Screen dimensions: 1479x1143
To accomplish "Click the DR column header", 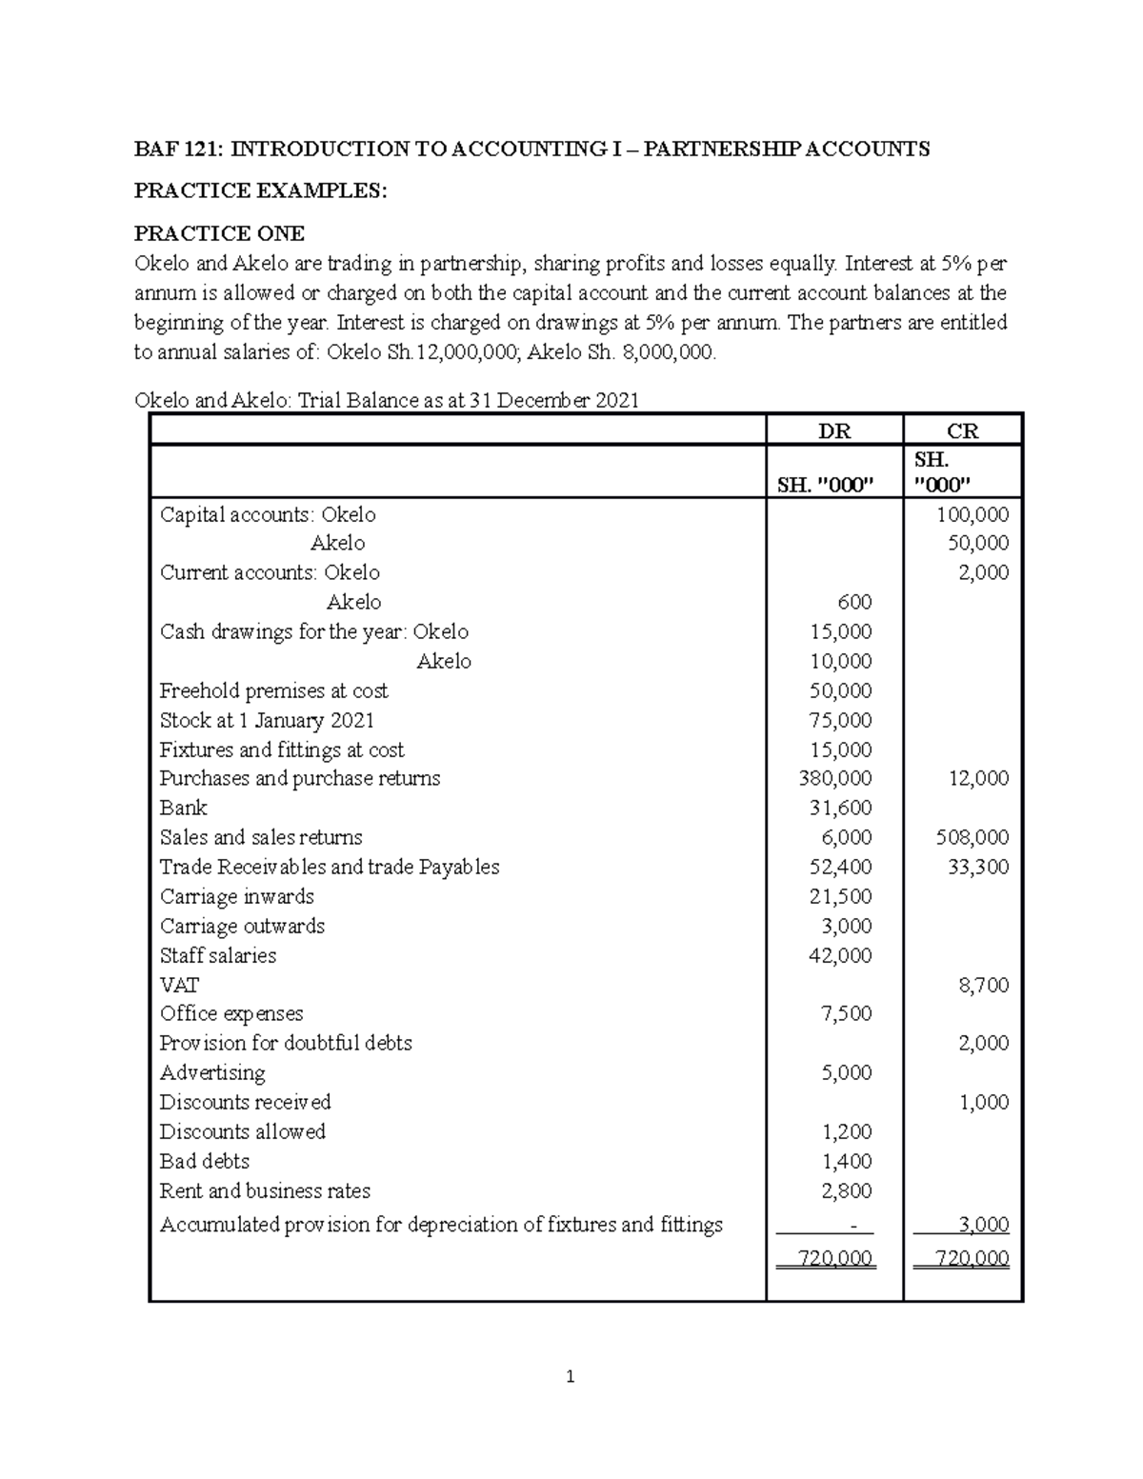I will pyautogui.click(x=834, y=430).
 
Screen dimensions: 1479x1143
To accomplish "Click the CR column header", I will pyautogui.click(x=962, y=430).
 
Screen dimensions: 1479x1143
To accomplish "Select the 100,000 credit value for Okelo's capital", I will pyautogui.click(x=973, y=515).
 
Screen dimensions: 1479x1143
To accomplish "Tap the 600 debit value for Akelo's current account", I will pyautogui.click(x=853, y=602).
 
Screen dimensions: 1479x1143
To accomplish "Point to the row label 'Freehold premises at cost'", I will pyautogui.click(x=273, y=690).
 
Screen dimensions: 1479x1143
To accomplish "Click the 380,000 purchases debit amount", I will pyautogui.click(x=835, y=778).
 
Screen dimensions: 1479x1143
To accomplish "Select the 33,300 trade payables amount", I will pyautogui.click(x=978, y=867).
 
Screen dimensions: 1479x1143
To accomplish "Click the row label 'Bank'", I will pyautogui.click(x=183, y=808).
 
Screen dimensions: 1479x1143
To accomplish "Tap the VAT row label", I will pyautogui.click(x=179, y=985).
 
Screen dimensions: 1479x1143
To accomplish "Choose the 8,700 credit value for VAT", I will pyautogui.click(x=983, y=985).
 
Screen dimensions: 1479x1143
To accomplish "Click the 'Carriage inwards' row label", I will pyautogui.click(x=236, y=896).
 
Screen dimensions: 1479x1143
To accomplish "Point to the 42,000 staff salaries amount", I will pyautogui.click(x=840, y=955).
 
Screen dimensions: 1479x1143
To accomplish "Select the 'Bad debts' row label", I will pyautogui.click(x=204, y=1161).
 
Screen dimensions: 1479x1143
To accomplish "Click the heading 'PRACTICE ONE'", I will pyautogui.click(x=219, y=233).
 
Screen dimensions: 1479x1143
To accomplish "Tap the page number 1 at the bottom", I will pyautogui.click(x=571, y=1376).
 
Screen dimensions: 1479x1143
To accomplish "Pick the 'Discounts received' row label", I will pyautogui.click(x=245, y=1102).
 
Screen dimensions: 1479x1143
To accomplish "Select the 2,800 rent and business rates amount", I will pyautogui.click(x=846, y=1190).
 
